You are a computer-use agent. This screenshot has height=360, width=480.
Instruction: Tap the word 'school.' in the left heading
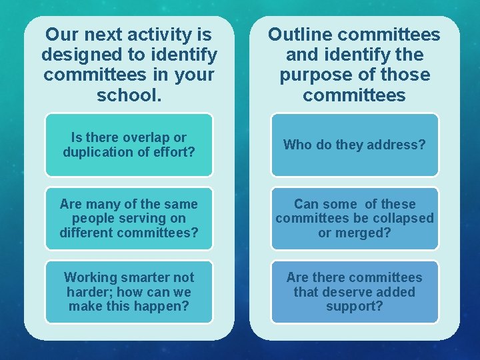point(129,95)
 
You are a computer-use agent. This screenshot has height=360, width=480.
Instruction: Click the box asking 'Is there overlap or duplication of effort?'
point(129,145)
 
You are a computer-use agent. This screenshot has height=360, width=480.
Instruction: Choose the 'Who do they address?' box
point(355,145)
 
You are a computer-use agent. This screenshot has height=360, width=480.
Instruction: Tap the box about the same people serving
point(129,219)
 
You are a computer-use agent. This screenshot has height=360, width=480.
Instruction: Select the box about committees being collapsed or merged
point(355,219)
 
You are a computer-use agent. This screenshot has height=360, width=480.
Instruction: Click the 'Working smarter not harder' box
point(129,292)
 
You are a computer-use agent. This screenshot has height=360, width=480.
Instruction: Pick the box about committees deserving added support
point(355,292)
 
